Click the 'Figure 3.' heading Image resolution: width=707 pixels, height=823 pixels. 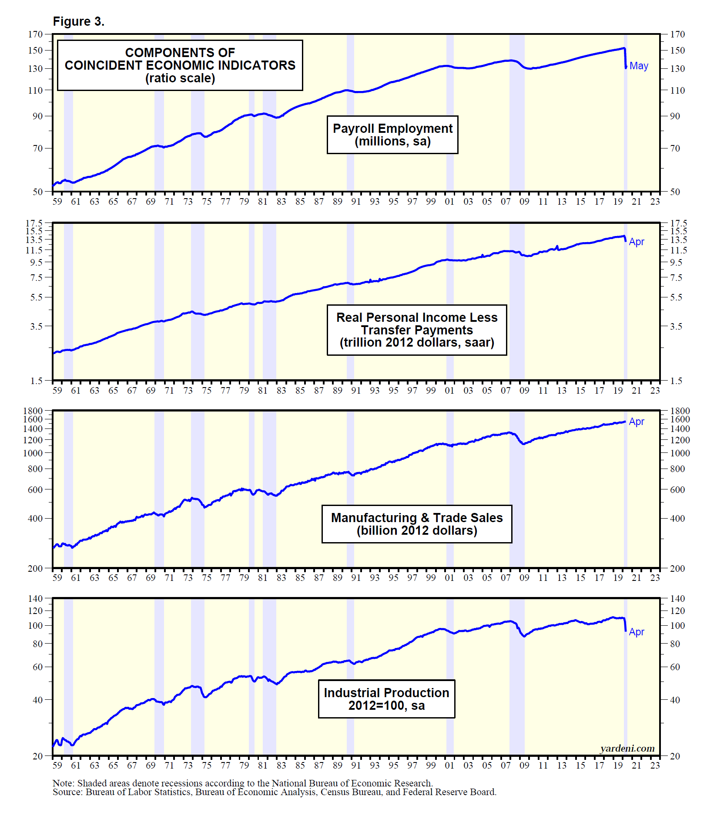(79, 22)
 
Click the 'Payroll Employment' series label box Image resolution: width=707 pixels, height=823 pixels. (392, 135)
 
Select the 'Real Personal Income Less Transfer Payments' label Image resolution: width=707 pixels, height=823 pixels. (417, 330)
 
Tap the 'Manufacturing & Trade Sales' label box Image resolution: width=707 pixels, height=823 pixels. (417, 524)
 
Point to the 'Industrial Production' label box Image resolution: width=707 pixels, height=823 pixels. (386, 699)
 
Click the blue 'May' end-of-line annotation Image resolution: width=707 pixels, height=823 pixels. (639, 66)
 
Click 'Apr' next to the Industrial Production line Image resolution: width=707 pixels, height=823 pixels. (637, 632)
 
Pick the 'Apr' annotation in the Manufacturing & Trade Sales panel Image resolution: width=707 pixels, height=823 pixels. (637, 422)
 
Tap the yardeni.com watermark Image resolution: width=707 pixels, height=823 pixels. (627, 748)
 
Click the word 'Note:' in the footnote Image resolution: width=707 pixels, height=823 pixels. (64, 783)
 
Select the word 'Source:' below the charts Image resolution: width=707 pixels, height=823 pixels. (67, 792)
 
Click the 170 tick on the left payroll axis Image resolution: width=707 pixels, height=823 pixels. (36, 34)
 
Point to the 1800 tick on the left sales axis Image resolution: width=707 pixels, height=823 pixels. (33, 411)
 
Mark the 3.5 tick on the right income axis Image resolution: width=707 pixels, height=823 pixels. (676, 326)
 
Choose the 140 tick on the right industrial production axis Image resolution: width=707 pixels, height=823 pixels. (677, 598)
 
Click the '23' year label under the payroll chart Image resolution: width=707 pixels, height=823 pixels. (655, 202)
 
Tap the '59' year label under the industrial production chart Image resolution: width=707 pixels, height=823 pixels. (57, 765)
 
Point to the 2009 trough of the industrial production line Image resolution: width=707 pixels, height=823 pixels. (524, 636)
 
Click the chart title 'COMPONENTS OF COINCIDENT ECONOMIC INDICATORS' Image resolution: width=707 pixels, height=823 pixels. (180, 59)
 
